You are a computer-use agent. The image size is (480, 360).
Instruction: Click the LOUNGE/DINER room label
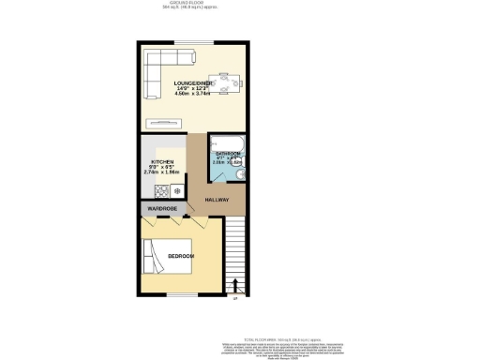point(193,83)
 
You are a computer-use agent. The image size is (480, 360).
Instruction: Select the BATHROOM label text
point(230,153)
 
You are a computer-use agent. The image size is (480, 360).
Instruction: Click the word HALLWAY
point(218,200)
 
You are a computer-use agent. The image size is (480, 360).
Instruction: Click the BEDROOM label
point(181,256)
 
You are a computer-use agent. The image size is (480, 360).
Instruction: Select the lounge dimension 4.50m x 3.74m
point(193,95)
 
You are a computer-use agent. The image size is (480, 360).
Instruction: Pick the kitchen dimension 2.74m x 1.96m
point(163,173)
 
